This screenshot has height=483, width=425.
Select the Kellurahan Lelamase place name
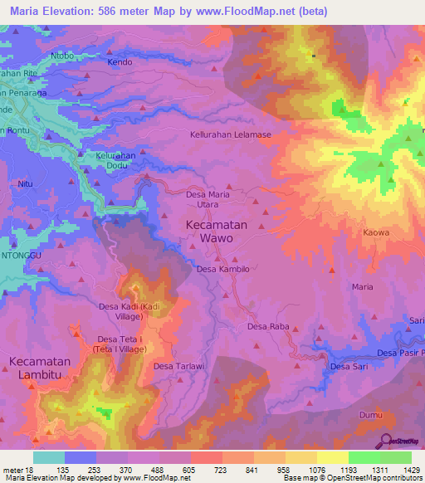pyautogui.click(x=231, y=134)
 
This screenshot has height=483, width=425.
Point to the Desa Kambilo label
pyautogui.click(x=222, y=270)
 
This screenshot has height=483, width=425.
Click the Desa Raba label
pyautogui.click(x=268, y=327)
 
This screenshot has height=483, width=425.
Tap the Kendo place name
pyautogui.click(x=120, y=62)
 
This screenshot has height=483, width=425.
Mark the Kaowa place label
pyautogui.click(x=376, y=233)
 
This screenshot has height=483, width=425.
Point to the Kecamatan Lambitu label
pyautogui.click(x=46, y=368)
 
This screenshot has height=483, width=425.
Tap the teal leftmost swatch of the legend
pyautogui.click(x=49, y=457)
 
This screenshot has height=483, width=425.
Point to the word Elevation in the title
pyautogui.click(x=77, y=12)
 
